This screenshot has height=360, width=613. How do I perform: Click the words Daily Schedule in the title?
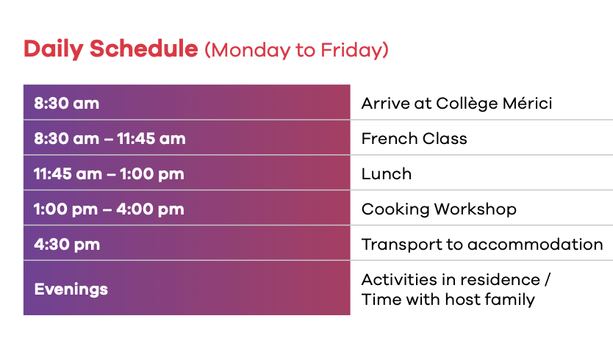coord(111,49)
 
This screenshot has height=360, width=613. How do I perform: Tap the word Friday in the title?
coord(351,51)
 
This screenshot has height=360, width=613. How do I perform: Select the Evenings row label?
coord(71,289)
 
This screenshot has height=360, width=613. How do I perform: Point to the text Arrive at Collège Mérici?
coord(456,104)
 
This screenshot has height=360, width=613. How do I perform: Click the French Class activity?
coord(415,139)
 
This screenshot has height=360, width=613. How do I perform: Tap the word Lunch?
coord(387,174)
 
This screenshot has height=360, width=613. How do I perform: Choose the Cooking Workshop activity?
coord(439,209)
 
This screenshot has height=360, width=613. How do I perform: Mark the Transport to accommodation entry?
coord(482,245)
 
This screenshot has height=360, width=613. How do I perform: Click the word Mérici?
coord(528,103)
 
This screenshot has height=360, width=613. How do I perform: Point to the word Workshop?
coord(476,209)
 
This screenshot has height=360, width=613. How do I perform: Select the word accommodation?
coord(535,245)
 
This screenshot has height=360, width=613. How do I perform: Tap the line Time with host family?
coord(448,300)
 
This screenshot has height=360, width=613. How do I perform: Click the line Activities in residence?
coord(451,280)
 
